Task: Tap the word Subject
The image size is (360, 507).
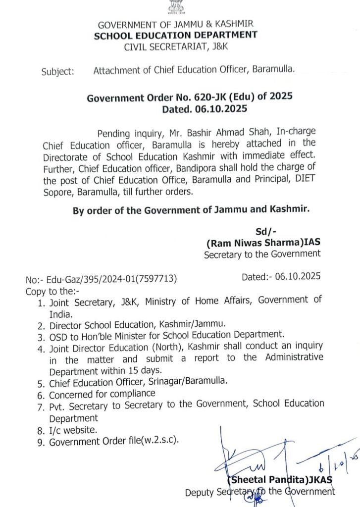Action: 57,71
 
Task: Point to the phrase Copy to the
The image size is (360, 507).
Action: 51,291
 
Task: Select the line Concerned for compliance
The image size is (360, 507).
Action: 102,394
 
